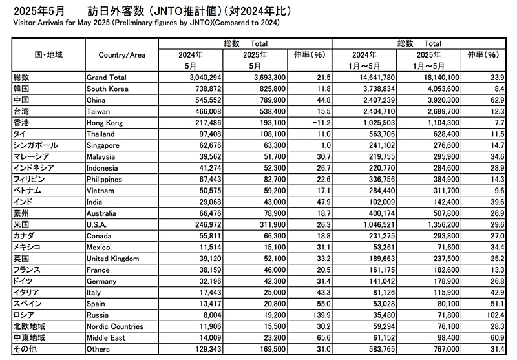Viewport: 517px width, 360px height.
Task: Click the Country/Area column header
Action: click(x=121, y=55)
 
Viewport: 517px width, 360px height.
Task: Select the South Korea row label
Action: click(x=107, y=89)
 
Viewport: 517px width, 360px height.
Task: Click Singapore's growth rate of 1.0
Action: click(x=317, y=145)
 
